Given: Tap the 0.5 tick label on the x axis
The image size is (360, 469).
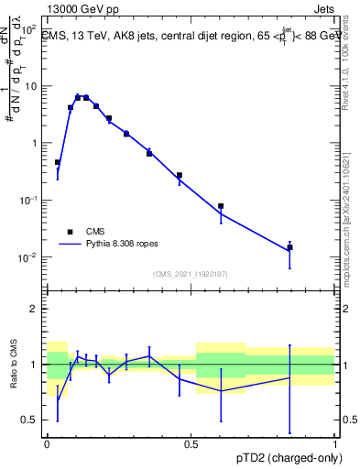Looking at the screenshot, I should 191,444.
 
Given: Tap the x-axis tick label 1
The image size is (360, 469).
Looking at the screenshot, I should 335,444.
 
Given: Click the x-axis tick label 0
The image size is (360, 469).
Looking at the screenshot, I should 47,444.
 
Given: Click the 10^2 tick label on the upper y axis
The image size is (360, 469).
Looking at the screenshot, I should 29,30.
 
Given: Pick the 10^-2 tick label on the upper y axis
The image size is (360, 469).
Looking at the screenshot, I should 29,257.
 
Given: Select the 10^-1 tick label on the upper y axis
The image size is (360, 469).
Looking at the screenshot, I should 29,201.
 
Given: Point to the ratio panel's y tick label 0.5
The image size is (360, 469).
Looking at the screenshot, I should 30,420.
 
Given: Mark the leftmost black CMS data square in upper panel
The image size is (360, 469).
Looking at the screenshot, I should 58,162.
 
